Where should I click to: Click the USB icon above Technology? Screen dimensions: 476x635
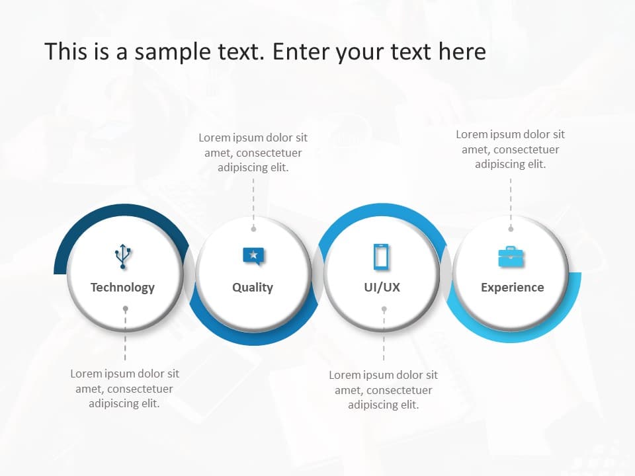(122, 257)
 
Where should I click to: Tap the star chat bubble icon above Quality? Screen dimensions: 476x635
(253, 255)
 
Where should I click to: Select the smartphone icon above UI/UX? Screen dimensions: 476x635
(382, 257)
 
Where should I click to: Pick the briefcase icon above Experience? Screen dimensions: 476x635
(511, 257)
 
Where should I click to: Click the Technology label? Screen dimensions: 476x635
(122, 288)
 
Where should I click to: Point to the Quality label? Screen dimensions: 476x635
(253, 288)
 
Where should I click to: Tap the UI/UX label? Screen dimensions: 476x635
(382, 288)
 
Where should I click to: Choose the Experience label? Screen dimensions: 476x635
(513, 288)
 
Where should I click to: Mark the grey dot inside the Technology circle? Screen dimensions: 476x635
(126, 309)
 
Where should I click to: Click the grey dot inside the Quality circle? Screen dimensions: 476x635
(253, 229)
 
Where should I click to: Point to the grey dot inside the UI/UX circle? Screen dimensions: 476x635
(384, 309)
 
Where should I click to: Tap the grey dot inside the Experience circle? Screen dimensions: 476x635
(511, 229)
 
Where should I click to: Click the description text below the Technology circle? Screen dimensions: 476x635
(124, 388)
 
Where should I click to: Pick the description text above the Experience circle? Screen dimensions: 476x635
(510, 149)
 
